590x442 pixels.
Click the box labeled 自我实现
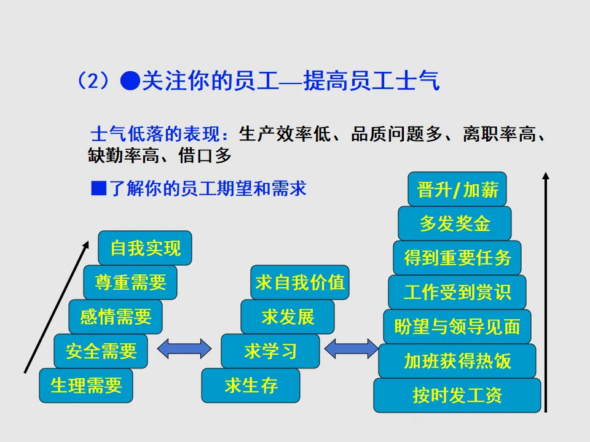145,248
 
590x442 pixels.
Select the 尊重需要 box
130,282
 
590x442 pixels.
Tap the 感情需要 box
116,317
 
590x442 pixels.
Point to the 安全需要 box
101,351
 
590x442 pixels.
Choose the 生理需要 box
86,386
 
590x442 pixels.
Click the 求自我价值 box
300,282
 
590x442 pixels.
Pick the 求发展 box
288,317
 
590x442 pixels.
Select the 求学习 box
270,351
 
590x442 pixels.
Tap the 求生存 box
251,386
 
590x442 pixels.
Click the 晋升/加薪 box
457,189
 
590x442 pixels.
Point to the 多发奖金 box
455,223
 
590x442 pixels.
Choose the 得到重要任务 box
457,258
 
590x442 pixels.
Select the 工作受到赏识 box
457,292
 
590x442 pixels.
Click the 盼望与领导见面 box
457,327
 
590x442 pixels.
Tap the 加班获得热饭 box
457,361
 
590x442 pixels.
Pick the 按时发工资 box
457,395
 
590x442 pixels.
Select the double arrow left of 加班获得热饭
351,349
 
